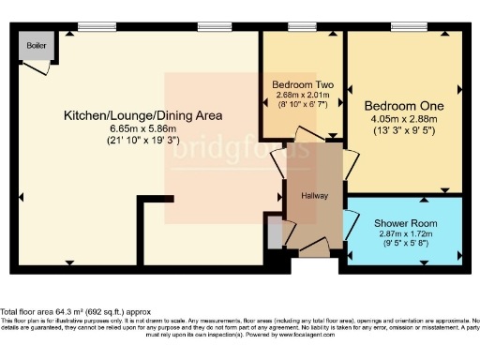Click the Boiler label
point(37,45)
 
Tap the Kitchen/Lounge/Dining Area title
point(142,116)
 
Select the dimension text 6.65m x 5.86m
point(142,128)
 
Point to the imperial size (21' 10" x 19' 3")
point(142,141)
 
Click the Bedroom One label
point(404,105)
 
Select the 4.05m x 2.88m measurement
point(404,119)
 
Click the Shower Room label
point(405,222)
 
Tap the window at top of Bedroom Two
point(301,27)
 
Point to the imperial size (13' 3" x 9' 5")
point(404,131)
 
